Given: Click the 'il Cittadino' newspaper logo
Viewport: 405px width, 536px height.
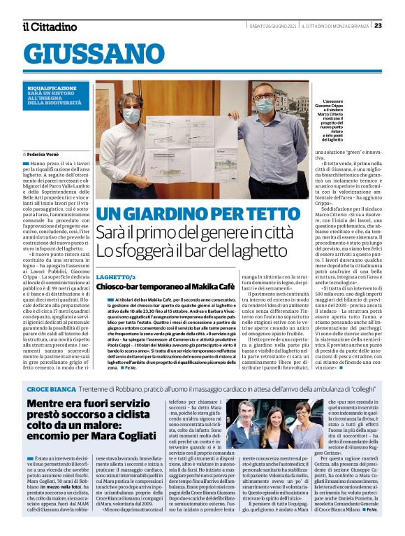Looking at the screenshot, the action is click(x=49, y=27).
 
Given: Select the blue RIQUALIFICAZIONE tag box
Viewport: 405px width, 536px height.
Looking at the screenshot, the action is click(x=55, y=94).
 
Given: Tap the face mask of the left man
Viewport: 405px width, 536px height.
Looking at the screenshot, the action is click(x=131, y=116).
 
